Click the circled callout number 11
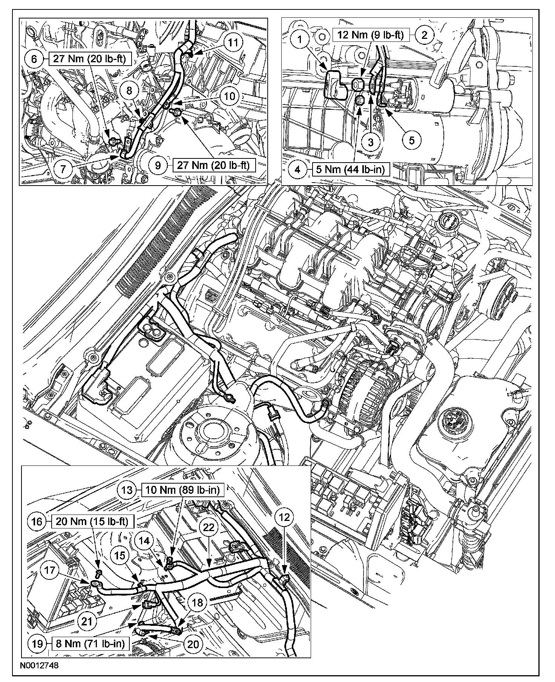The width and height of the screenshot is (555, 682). coord(234,42)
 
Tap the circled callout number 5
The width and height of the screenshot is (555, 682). coord(412,140)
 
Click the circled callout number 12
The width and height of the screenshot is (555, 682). coord(285,518)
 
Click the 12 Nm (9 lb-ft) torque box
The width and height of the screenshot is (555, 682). coord(371,36)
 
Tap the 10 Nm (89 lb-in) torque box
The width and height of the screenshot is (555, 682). coord(182,490)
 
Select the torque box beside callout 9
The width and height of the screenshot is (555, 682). coord(214,165)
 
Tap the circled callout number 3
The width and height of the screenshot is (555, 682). coord(371,142)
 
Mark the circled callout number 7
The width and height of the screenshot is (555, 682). coord(63,168)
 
